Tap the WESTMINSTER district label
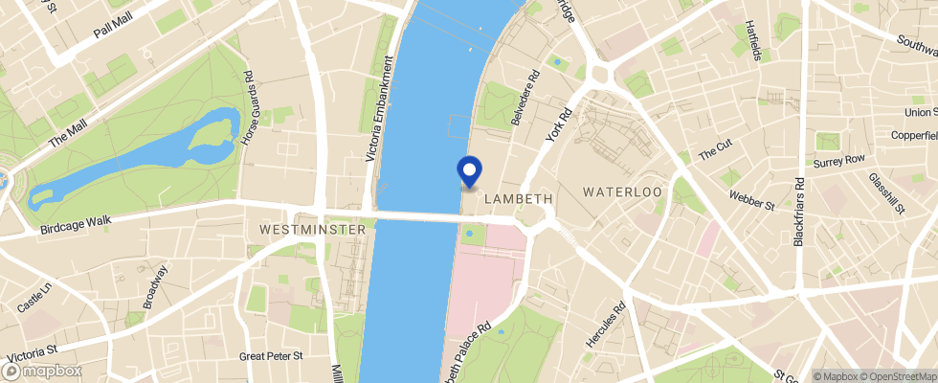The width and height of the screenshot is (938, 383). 313,230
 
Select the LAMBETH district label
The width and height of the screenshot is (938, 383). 520,199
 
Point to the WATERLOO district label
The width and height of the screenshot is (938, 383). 622,192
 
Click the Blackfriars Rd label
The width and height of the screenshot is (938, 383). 799,212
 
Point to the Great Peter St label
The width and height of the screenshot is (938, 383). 271,355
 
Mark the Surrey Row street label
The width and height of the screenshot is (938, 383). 838,160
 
